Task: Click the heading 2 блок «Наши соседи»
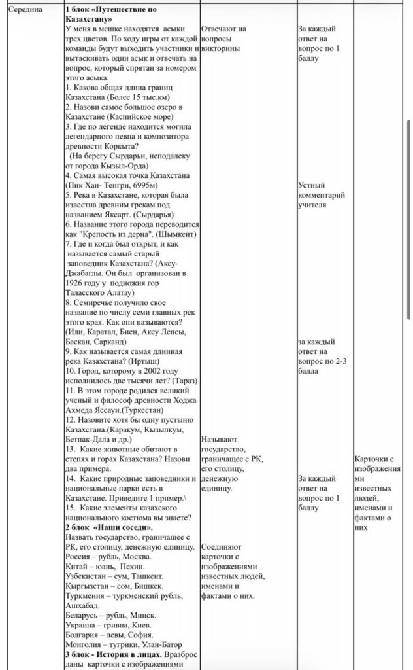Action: click(x=109, y=527)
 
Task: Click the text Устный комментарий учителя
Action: click(x=321, y=195)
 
